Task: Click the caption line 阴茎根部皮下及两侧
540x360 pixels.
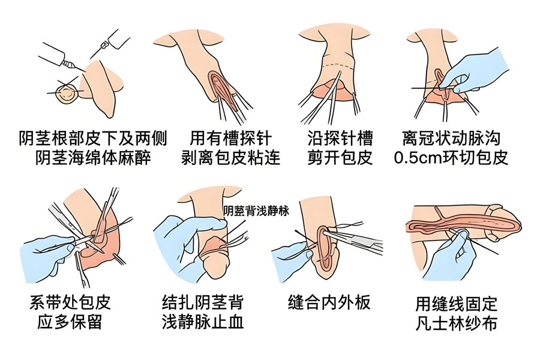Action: [93, 139]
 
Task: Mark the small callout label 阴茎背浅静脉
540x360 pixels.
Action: [256, 211]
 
